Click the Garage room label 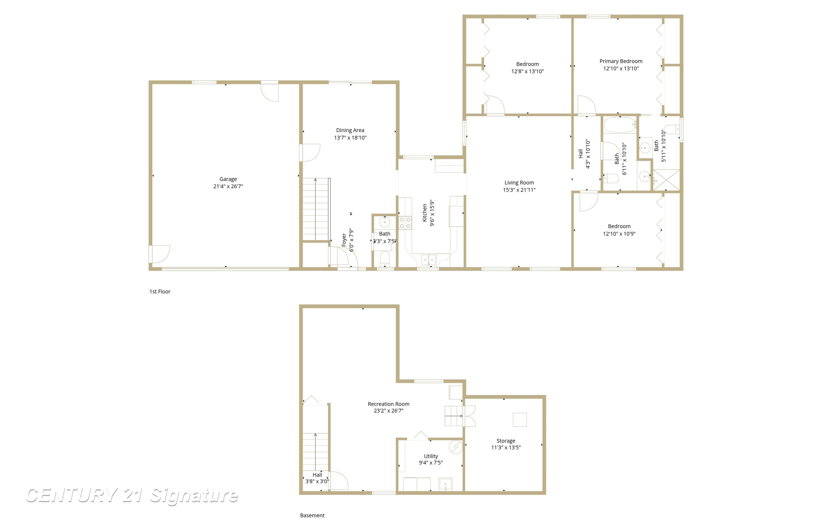228,179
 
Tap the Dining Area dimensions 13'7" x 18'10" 350,138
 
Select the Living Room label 519,182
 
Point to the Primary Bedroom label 621,61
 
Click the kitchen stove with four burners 405,223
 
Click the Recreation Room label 388,404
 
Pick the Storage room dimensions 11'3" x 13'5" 506,447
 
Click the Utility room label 431,456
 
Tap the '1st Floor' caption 160,292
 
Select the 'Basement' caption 312,515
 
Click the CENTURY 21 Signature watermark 132,496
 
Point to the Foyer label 344,240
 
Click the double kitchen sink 429,260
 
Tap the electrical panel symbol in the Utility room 455,447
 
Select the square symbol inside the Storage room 520,420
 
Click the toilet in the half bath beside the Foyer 385,259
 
